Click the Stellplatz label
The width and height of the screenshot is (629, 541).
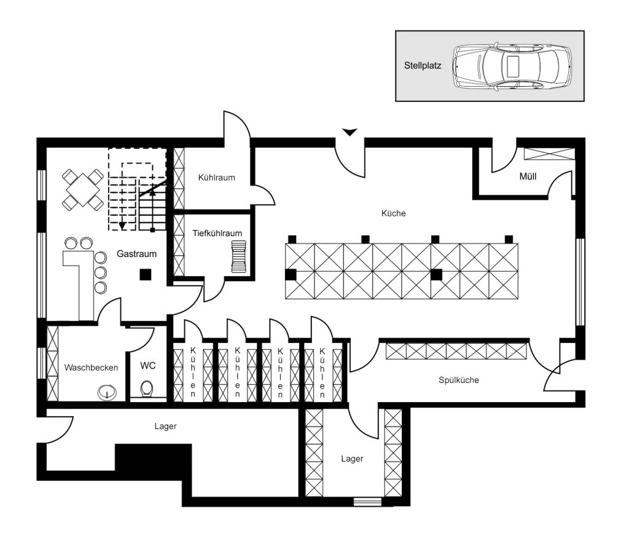click(423, 65)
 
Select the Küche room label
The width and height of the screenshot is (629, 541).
click(393, 213)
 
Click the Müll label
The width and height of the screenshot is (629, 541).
click(528, 176)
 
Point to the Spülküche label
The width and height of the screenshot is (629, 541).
click(458, 380)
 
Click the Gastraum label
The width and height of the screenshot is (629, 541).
click(136, 254)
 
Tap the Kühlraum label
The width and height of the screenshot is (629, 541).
click(217, 178)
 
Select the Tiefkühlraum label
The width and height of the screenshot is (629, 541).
click(217, 233)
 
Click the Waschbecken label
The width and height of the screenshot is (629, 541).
click(91, 368)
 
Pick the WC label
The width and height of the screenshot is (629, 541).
click(147, 366)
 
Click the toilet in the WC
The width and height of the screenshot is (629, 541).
click(147, 389)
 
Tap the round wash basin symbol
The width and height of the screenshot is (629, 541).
click(107, 392)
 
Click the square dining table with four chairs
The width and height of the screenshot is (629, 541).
click(83, 189)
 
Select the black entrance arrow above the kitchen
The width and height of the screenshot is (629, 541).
click(350, 132)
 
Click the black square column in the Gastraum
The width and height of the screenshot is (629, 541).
click(145, 275)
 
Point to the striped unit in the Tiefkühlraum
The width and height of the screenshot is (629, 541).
click(239, 256)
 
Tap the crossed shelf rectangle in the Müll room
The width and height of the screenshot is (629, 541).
click(549, 154)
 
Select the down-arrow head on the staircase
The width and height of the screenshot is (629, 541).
click(122, 226)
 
